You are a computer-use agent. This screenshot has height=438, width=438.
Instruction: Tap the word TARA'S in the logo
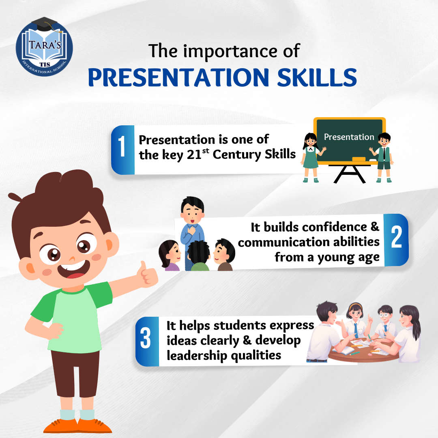point(45,45)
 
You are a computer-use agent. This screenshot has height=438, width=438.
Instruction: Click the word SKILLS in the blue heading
point(317,77)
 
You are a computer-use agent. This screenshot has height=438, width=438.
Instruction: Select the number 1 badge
point(122,150)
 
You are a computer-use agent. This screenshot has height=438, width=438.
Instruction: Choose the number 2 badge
point(396,240)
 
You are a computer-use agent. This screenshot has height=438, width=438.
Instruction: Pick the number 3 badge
point(147,341)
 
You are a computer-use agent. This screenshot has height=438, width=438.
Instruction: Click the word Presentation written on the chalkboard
point(349,137)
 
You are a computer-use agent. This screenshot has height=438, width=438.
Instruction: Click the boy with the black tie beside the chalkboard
point(383,157)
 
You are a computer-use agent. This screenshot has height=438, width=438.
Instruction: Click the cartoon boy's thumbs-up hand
point(148,275)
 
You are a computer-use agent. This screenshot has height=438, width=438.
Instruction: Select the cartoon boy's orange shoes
point(77,426)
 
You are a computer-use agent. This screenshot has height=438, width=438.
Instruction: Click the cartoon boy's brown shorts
point(75,373)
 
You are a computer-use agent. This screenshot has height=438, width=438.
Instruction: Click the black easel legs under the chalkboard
point(350,174)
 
